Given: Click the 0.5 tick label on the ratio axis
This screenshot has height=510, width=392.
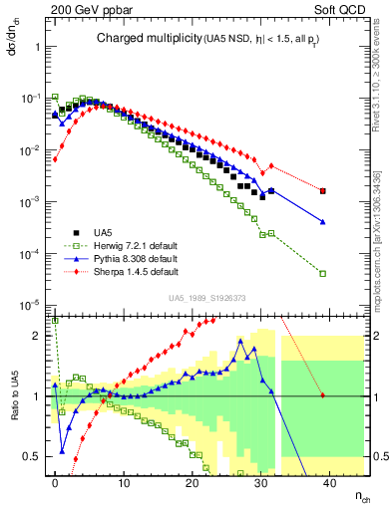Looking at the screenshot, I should tap(32, 457).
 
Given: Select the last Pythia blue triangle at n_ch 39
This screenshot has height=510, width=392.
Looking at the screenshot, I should tap(322, 221).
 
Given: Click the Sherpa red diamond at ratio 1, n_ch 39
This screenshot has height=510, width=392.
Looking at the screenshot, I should tap(322, 396).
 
